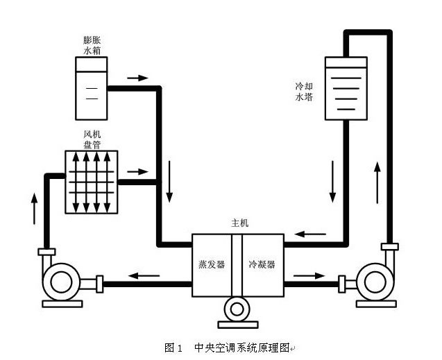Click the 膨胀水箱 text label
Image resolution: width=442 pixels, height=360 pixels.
[92, 44]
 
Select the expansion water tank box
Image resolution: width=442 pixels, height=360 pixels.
[92, 87]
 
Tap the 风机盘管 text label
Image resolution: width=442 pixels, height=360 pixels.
[91, 139]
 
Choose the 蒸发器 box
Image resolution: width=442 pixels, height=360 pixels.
[212, 264]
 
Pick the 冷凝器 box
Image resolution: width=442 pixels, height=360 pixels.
[262, 264]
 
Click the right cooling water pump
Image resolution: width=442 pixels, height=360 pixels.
[373, 283]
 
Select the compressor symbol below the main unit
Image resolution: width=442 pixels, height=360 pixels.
[237, 309]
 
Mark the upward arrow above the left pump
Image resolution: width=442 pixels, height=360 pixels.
[33, 207]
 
